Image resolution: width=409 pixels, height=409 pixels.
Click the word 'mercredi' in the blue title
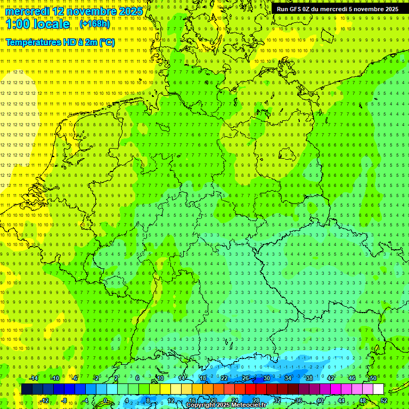click(x=28, y=11)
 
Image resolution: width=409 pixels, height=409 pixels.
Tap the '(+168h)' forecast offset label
click(x=95, y=24)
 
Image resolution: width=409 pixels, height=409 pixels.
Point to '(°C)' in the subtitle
click(x=107, y=42)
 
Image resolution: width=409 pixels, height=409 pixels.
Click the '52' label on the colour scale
click(x=384, y=400)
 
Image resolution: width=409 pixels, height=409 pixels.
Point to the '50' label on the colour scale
click(x=373, y=378)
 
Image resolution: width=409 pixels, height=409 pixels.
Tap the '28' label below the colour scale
click(x=256, y=400)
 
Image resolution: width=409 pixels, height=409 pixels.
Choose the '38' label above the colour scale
click(x=309, y=378)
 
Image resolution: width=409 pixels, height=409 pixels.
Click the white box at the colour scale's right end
click(x=378, y=389)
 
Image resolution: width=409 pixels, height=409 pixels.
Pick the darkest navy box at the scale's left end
click(x=27, y=389)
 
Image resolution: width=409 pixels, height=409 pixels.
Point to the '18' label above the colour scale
click(x=203, y=378)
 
